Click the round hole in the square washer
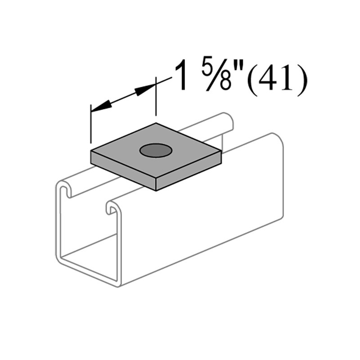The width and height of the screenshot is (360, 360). tap(156, 151)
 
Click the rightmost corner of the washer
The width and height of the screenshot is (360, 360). tap(220, 151)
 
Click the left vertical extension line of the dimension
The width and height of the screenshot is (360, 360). tap(91, 128)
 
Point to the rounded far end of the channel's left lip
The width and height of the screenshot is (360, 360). tap(229, 120)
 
